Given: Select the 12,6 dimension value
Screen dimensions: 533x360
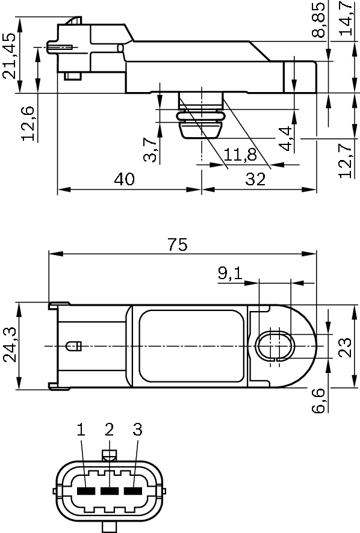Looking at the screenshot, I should pyautogui.click(x=28, y=123).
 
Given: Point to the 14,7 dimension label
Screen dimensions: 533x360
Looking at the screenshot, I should pyautogui.click(x=346, y=19).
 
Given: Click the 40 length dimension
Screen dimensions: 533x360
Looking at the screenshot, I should pyautogui.click(x=123, y=179).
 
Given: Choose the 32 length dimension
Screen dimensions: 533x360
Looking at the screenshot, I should pyautogui.click(x=255, y=179).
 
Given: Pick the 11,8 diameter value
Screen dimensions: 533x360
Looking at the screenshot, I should pyautogui.click(x=240, y=155).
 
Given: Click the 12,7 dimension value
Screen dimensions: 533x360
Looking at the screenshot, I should pyautogui.click(x=346, y=161).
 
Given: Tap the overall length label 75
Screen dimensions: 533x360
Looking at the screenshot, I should pyautogui.click(x=178, y=244).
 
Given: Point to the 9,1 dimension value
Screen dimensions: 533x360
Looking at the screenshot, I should pyautogui.click(x=229, y=274).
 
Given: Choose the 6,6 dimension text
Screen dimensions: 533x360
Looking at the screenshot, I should pyautogui.click(x=320, y=400).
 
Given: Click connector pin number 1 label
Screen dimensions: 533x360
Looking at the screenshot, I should pyautogui.click(x=81, y=430).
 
